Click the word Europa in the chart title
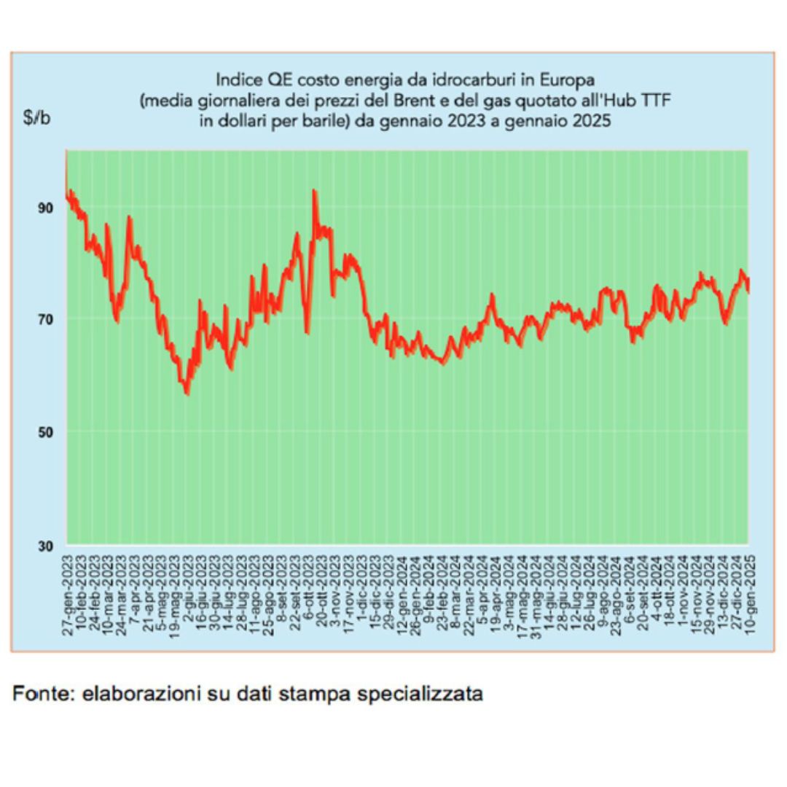[569, 78]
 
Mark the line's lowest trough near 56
[187, 393]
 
